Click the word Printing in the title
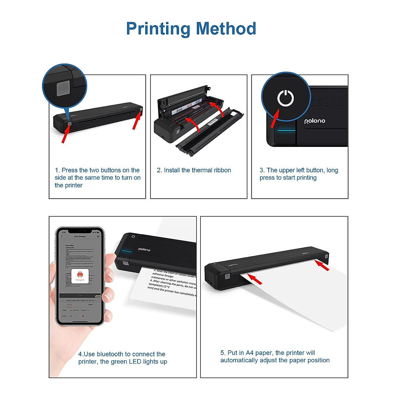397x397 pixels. (x=158, y=29)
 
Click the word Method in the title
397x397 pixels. (x=226, y=29)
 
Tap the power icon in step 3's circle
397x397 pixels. (x=285, y=98)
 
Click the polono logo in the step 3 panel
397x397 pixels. (x=315, y=121)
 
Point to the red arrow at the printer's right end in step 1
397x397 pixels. (x=136, y=120)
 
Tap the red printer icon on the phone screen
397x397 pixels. (x=80, y=275)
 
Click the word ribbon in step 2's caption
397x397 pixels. (x=222, y=170)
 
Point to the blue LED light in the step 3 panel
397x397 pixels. (x=286, y=130)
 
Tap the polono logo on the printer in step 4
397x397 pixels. (x=144, y=249)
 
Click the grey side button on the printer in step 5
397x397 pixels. (x=227, y=276)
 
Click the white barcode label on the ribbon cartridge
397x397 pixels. (x=212, y=122)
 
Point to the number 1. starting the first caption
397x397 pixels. (x=57, y=170)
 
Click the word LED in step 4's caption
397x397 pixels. (x=135, y=362)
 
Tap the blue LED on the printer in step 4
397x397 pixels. (x=126, y=251)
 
